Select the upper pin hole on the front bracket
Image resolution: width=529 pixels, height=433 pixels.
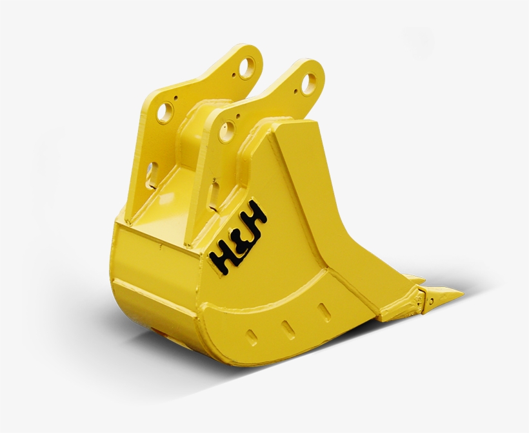pos(310,83)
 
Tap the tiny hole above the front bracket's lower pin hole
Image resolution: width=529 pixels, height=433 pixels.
pos(237,116)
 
